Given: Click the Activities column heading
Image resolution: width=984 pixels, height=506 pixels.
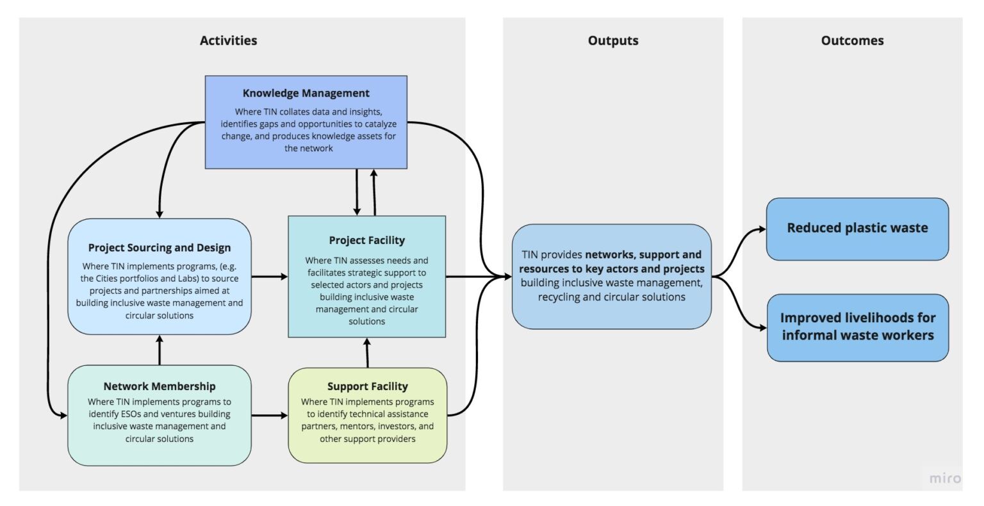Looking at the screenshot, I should click(228, 40).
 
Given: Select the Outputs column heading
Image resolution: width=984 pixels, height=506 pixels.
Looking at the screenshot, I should click(612, 40).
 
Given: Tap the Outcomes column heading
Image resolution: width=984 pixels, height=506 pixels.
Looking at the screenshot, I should click(852, 40).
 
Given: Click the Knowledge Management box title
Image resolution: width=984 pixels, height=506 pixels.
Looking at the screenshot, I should click(306, 93).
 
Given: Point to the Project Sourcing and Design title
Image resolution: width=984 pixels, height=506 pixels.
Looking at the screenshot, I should click(160, 247).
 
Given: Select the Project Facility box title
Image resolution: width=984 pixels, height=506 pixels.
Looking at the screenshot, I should click(366, 240).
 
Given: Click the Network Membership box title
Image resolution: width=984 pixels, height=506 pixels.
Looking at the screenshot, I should click(160, 386).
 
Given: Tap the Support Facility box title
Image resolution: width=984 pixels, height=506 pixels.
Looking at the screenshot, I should click(367, 386).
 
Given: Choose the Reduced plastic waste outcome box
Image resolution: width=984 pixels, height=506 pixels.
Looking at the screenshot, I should click(857, 229).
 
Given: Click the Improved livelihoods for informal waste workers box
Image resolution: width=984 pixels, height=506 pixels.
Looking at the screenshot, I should click(857, 327).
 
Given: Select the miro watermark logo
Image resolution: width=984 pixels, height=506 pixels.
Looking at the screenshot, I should click(945, 478).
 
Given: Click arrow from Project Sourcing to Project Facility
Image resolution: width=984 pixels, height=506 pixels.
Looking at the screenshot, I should click(269, 277).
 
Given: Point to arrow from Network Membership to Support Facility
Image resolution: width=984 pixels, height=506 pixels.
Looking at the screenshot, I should click(269, 415).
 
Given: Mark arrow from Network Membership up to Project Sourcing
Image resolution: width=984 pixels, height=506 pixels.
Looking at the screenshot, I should click(160, 350).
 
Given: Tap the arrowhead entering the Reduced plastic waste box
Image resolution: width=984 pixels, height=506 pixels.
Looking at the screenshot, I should click(761, 229).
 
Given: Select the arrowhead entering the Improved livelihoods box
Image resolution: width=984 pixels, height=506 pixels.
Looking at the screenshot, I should click(761, 328).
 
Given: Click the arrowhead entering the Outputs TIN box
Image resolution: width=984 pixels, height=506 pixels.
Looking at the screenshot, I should click(507, 277).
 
